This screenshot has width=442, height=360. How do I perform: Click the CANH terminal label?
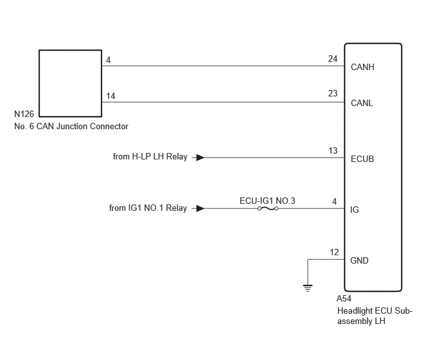362,67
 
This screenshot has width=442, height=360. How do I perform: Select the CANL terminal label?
362,104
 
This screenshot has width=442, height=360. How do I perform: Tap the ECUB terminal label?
362,159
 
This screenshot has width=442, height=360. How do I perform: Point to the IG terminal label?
355,210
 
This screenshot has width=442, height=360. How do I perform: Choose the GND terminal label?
359,260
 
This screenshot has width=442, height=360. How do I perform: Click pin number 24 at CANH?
333,59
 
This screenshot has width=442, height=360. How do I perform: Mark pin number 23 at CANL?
333,93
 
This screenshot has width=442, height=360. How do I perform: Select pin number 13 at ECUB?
333,150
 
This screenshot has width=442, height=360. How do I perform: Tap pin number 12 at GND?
334,252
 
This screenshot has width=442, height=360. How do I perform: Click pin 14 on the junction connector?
110,96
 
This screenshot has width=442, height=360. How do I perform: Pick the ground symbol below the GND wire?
308,289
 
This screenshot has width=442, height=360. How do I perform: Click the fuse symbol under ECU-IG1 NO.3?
268,209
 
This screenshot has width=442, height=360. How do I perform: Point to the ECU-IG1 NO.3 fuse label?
267,201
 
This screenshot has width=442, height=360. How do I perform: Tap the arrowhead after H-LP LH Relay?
200,157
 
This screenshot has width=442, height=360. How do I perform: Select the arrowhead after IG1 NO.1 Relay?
200,208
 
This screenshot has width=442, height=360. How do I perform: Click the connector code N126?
24,114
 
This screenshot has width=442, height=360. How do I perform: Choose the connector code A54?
344,298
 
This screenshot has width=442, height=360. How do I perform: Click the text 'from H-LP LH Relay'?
150,157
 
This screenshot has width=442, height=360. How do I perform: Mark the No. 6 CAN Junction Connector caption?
71,126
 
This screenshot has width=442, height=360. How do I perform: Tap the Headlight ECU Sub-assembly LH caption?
375,316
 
